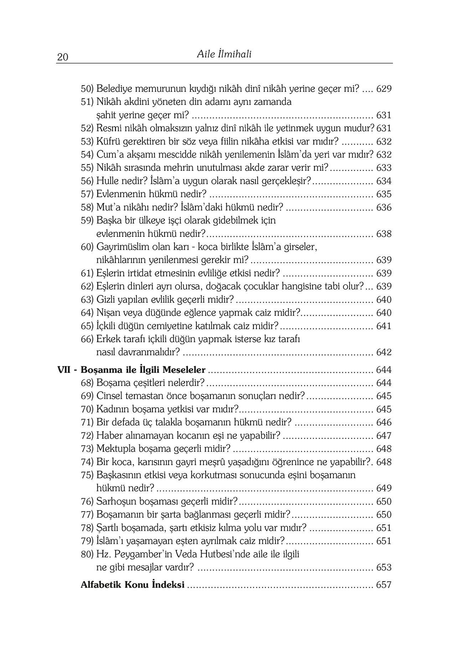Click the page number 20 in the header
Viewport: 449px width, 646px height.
point(63,57)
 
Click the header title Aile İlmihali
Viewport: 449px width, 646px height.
point(224,54)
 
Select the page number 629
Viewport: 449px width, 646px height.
point(384,89)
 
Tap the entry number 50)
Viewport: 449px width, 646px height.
point(87,89)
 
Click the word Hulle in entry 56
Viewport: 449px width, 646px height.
point(107,181)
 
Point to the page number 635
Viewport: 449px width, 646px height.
point(384,194)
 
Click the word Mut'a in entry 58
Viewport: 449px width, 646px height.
point(109,208)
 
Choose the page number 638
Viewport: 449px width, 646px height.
point(384,234)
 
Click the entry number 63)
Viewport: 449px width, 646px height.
point(87,300)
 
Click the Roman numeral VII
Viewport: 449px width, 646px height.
point(64,370)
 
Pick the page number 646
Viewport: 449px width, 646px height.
point(384,423)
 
